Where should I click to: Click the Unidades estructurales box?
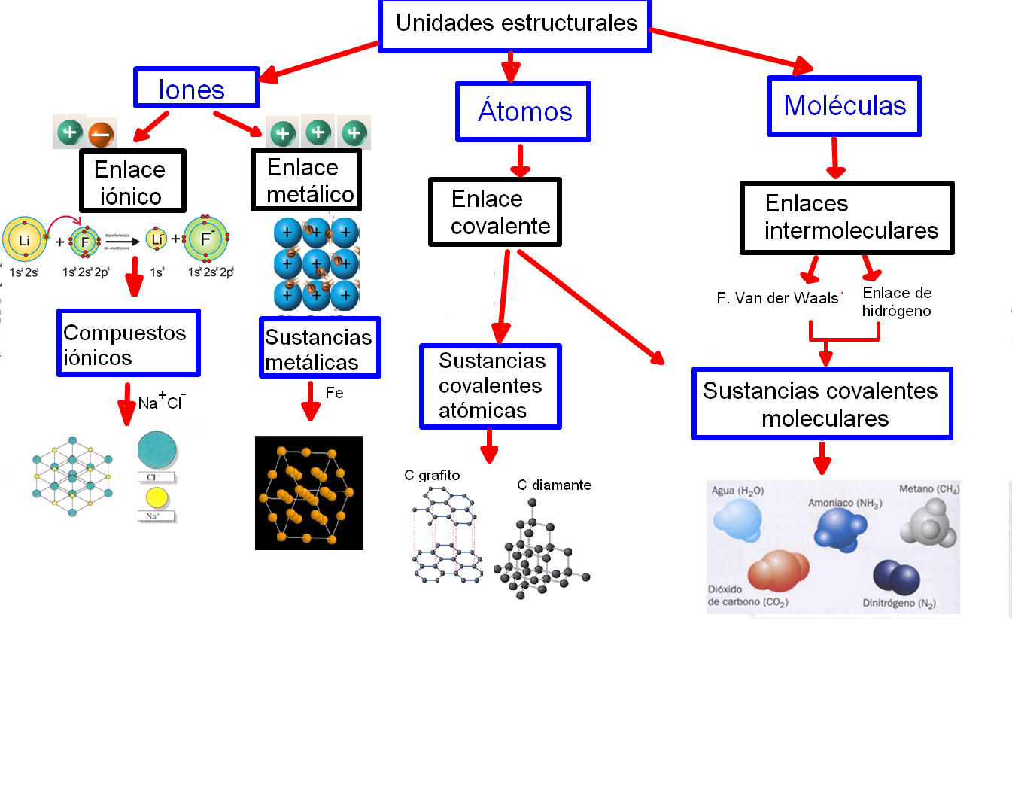coord(515,25)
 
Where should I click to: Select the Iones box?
coord(196,88)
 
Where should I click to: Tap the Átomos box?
coord(523,111)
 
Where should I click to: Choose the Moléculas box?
coord(844,106)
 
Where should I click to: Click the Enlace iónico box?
coord(132,181)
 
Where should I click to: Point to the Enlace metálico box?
coord(306,180)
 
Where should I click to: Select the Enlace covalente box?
coord(495,212)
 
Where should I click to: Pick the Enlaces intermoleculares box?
coord(846,218)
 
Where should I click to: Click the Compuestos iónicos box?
coord(129,343)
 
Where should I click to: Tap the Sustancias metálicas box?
coord(320,348)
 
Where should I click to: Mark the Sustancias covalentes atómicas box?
coord(490,386)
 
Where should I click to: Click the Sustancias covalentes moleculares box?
coord(822,404)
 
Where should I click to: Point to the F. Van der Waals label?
coord(777,298)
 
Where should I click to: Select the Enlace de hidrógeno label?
coord(897,302)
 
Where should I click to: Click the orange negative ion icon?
coord(101,135)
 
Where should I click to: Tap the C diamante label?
coord(554,485)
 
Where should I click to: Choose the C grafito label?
coord(432,476)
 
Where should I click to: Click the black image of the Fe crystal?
coord(309,493)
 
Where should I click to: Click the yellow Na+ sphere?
coord(157,497)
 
